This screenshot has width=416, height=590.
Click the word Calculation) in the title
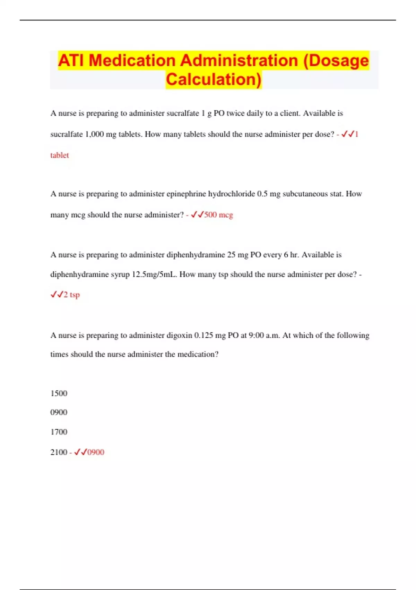213,79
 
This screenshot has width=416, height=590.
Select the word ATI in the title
71,60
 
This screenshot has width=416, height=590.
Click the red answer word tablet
60,155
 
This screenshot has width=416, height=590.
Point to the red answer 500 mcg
218,215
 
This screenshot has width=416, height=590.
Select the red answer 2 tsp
72,295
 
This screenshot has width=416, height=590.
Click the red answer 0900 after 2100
96,452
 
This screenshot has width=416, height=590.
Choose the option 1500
59,393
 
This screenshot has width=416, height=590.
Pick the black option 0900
59,412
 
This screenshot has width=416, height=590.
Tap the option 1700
59,432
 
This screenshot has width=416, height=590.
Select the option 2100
59,452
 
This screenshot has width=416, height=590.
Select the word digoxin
179,335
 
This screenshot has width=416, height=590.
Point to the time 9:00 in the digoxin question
256,335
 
